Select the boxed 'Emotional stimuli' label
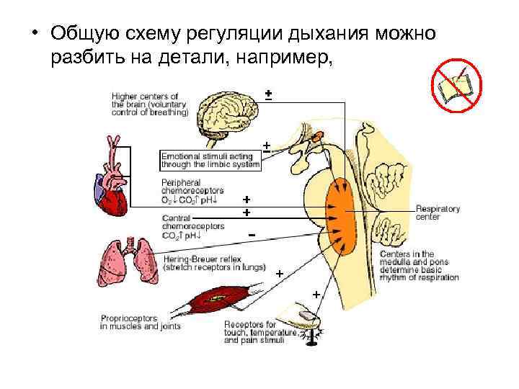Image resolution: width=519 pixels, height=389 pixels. click(210, 159)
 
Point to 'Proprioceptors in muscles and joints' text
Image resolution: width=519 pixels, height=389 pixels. click(140, 322)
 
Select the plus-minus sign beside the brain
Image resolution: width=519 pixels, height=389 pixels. click(267, 94)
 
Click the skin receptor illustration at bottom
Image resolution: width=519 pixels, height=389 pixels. click(303, 313)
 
